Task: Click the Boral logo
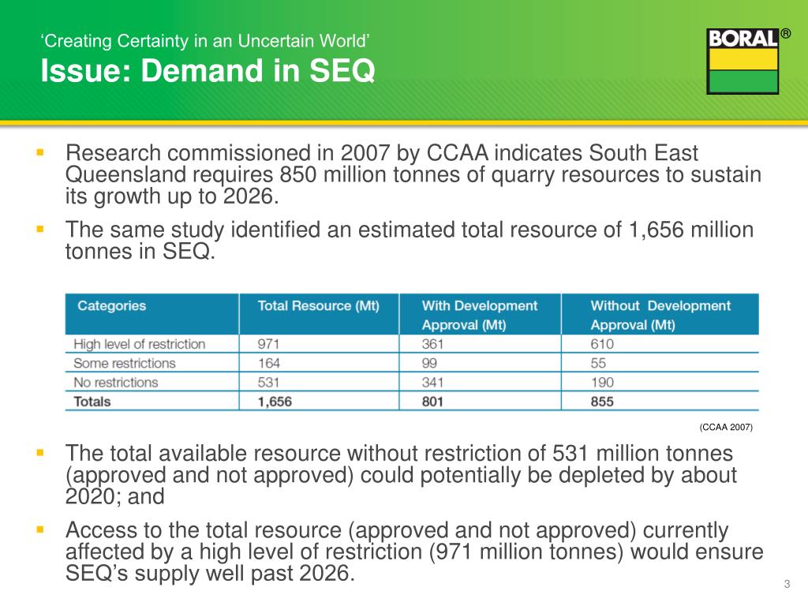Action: click(x=743, y=61)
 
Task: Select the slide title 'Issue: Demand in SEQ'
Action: click(x=208, y=72)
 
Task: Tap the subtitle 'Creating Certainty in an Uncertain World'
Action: click(x=205, y=41)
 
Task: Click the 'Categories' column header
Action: click(x=111, y=306)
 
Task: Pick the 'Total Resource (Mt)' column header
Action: click(x=318, y=306)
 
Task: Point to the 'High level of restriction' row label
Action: click(x=139, y=344)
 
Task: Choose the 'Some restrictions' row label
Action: click(x=125, y=363)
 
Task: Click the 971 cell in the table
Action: click(x=269, y=344)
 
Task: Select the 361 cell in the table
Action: click(x=432, y=344)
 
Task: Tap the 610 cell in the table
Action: click(x=602, y=344)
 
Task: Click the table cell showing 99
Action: click(x=429, y=363)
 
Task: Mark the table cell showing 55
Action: click(x=598, y=363)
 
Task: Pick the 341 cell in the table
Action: click(x=432, y=382)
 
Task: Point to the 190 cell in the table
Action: click(x=602, y=382)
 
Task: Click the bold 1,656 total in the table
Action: click(x=275, y=402)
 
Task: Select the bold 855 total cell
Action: click(x=602, y=402)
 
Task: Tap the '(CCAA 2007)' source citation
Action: click(x=726, y=427)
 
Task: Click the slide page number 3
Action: click(x=787, y=584)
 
